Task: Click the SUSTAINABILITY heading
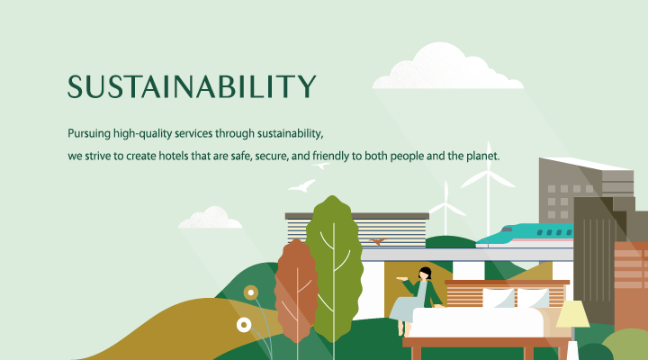point(192,86)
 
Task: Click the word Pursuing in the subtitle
point(89,134)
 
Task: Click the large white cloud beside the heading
point(448,66)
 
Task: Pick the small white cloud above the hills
point(211,218)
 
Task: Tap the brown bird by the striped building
point(378,241)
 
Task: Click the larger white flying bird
point(302,186)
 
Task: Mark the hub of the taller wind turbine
point(489,173)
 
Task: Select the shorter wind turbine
point(445,208)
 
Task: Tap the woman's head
point(425,274)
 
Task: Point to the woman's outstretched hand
point(400,279)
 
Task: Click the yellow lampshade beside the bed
point(572,314)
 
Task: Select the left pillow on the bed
point(499,298)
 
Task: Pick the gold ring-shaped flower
point(251,292)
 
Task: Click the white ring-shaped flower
point(244,325)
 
